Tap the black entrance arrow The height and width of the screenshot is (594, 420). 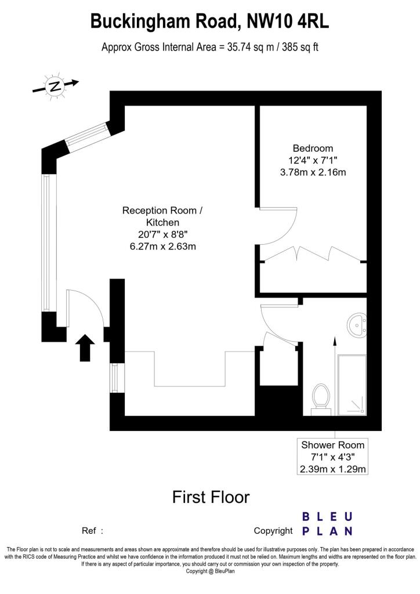click(85, 347)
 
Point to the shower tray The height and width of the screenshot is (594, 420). click(352, 384)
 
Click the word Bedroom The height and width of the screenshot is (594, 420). click(313, 148)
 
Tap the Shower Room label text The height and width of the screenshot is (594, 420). click(333, 445)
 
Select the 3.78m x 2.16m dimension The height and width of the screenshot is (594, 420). click(313, 172)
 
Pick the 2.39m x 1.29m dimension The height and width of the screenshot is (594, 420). click(333, 469)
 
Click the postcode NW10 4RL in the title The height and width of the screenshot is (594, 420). click(288, 21)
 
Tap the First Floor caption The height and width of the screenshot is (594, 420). click(211, 497)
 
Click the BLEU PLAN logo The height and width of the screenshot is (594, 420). click(328, 523)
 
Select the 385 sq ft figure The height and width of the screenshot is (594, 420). click(300, 47)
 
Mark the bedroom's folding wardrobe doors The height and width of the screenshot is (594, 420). click(313, 253)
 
